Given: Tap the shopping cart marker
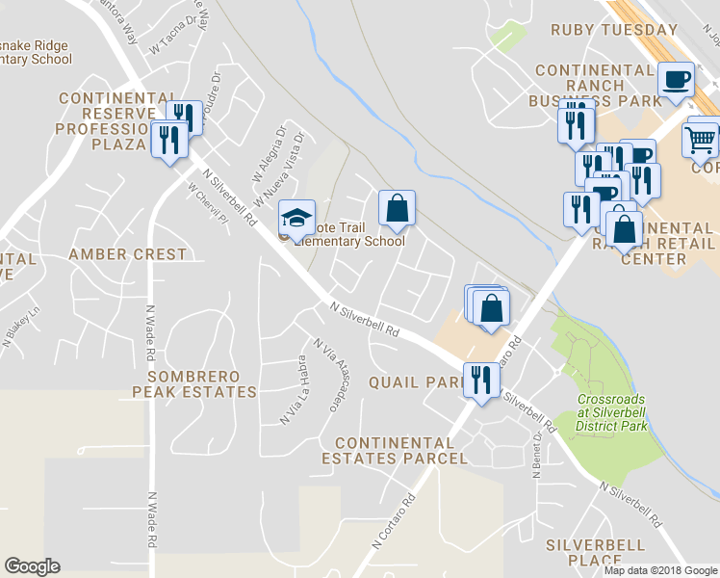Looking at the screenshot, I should (701, 139).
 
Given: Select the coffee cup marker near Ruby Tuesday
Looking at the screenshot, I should (676, 80).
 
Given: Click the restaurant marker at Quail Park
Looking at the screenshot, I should (479, 379).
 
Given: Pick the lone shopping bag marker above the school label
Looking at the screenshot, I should (397, 207).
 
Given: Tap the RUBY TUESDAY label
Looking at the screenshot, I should (614, 30).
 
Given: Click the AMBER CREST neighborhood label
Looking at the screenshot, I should (127, 254).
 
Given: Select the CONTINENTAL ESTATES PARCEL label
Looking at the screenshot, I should (400, 450).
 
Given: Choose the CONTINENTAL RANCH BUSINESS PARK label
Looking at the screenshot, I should (595, 85).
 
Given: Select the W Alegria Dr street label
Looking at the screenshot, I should (270, 152).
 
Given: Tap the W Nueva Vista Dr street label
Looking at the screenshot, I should (289, 162).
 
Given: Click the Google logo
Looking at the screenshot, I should (32, 566).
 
